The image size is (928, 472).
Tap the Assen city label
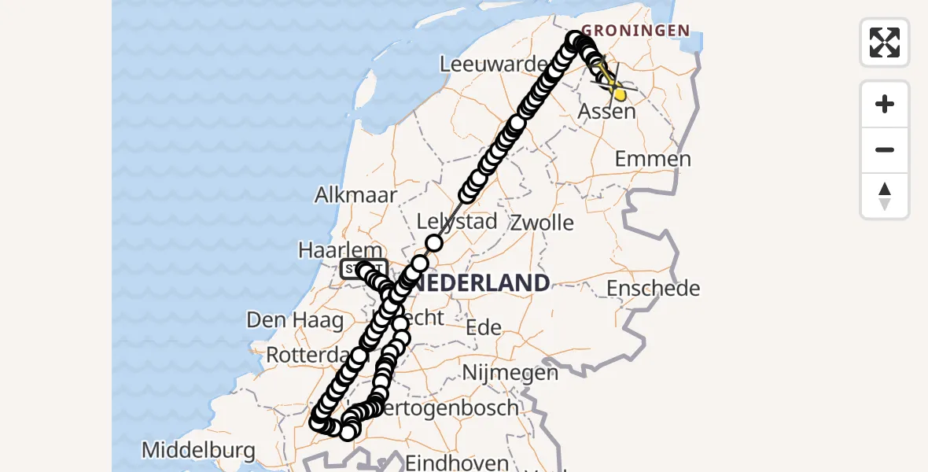coord(606,112)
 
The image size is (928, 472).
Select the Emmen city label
coord(653,159)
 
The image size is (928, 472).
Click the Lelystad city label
coord(456,221)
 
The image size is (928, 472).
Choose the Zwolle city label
coord(542,222)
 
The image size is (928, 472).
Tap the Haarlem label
coord(339,250)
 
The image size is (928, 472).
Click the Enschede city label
coord(653,288)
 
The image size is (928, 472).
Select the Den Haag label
coord(295,320)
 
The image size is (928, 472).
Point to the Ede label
coord(483,326)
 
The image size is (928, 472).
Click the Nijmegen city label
coord(510,371)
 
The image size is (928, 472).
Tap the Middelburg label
coord(198,451)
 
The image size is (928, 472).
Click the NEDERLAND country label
coord(482,283)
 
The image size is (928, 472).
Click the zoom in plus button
coord(885,104)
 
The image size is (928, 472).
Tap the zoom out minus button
coord(885,149)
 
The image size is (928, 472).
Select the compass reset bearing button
coord(885,195)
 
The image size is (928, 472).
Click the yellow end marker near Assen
coord(620,94)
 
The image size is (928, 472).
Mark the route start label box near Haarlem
coord(363,270)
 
